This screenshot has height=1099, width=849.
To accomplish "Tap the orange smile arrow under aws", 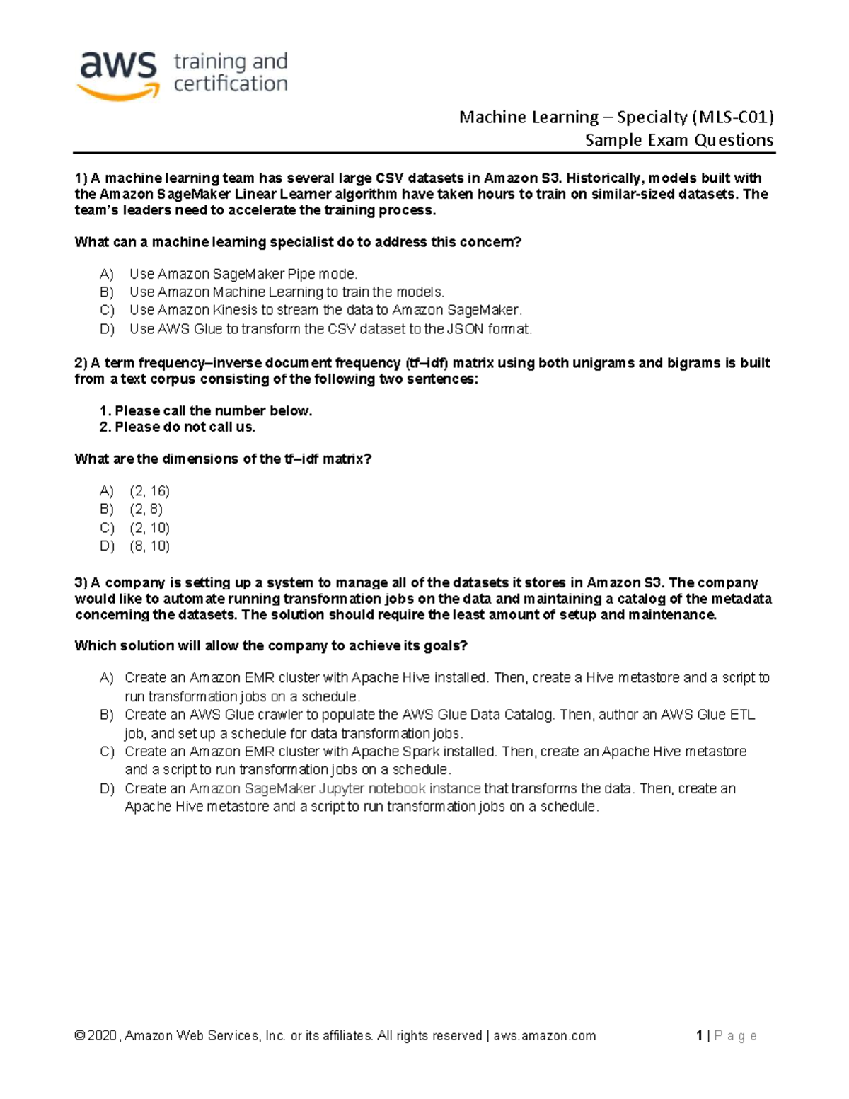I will (118, 91).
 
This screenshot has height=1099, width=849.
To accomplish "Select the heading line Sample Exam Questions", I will (679, 140).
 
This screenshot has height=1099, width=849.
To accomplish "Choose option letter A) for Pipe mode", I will (107, 274).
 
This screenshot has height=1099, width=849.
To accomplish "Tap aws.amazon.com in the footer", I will (544, 1036).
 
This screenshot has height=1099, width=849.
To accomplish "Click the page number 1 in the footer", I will (699, 1036).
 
